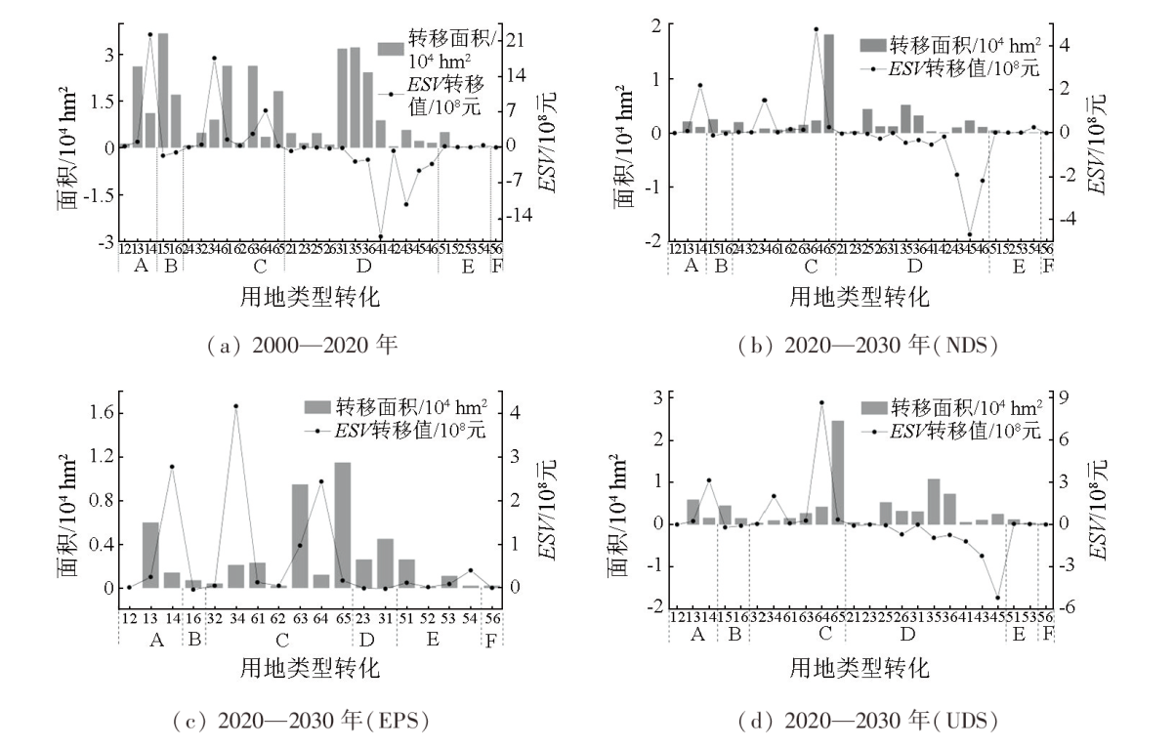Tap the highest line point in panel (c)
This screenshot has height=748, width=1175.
point(235,406)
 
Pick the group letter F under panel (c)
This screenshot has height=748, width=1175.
point(491,640)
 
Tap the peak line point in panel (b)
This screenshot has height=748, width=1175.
point(816,29)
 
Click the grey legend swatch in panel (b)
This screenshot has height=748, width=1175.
point(871,45)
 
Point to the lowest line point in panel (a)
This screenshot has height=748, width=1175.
point(381,237)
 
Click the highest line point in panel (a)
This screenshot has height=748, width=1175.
point(150,34)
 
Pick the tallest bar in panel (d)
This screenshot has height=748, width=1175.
point(837,473)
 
